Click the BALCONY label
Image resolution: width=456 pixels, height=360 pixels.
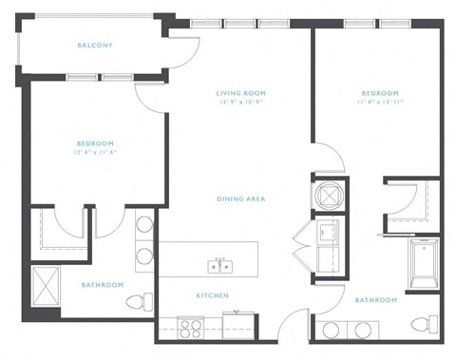coord(95,45)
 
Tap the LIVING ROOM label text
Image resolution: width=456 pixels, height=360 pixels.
coord(238,92)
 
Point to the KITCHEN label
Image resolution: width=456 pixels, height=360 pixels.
coord(212,295)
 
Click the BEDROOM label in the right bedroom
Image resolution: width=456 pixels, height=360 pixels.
coord(379,92)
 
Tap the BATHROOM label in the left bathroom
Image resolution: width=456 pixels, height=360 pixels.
coord(101,284)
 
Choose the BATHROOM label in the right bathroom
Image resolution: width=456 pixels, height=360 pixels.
coord(376,299)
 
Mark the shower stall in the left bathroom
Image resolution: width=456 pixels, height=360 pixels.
coord(45,284)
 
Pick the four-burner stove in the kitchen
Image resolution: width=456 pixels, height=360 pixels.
coord(191,327)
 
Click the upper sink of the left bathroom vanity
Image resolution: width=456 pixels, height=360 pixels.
coord(144,226)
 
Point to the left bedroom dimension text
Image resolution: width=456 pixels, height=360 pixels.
coord(95,152)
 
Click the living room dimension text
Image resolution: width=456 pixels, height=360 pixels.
coord(238,102)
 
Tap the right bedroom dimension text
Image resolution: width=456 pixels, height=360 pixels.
coord(379,102)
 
